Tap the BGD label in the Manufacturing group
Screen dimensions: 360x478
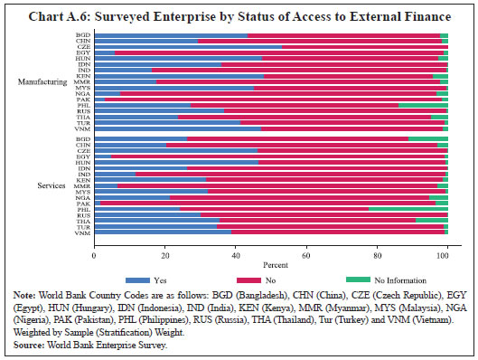pyautogui.click(x=83, y=35)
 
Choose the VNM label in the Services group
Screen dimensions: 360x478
pyautogui.click(x=83, y=232)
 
